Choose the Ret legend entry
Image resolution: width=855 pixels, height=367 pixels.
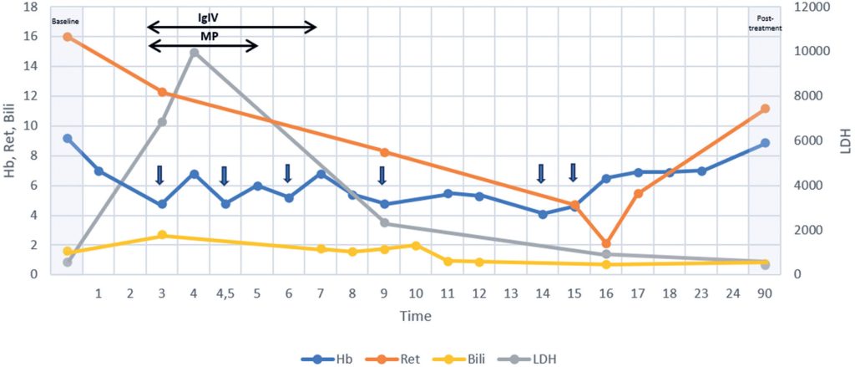[395, 359]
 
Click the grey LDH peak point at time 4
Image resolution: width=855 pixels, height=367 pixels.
[194, 53]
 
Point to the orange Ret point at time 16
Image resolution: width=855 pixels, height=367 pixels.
[606, 243]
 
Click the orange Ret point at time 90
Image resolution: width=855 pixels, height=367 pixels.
[765, 109]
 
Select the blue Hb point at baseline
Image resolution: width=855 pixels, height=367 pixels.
[68, 138]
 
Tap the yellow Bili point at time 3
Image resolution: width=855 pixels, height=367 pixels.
[162, 236]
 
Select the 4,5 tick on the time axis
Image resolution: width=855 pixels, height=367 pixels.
[225, 294]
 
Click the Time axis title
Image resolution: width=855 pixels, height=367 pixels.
[415, 316]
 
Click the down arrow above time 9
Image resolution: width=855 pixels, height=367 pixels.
[382, 175]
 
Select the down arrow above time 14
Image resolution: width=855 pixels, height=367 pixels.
[541, 172]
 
